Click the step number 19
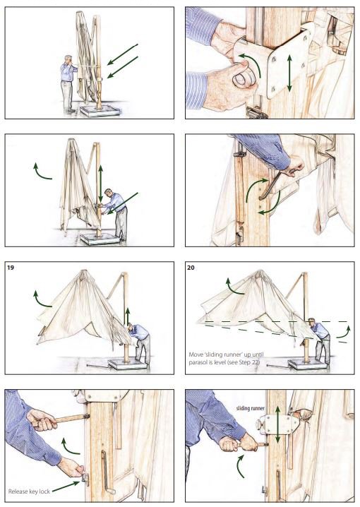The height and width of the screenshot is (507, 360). click(x=11, y=268)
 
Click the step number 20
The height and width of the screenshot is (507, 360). click(x=191, y=268)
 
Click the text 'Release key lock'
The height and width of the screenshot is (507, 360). click(x=29, y=491)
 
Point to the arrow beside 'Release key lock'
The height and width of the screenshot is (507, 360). click(x=66, y=487)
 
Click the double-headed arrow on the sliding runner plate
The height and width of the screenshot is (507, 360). click(x=277, y=424)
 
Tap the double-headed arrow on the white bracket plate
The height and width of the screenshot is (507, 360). click(x=289, y=73)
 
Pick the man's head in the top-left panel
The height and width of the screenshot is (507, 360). click(x=68, y=59)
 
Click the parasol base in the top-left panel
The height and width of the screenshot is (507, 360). click(x=100, y=110)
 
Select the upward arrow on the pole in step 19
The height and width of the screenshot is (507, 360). click(x=128, y=316)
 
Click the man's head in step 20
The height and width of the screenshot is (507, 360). click(x=311, y=323)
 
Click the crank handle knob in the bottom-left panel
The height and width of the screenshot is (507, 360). click(x=111, y=491)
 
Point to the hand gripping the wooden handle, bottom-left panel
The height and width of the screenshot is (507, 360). click(x=42, y=419)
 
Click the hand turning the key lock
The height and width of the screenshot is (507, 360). click(x=71, y=467)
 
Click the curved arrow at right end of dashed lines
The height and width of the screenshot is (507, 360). click(x=344, y=333)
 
